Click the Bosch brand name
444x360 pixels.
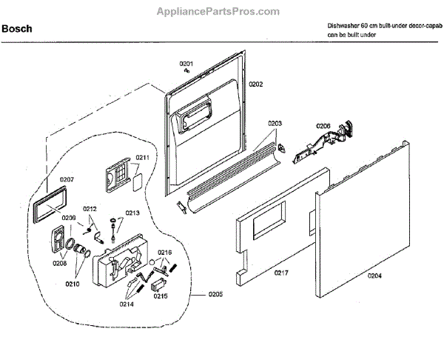[x=16, y=30]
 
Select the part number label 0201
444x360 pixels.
[x=186, y=64]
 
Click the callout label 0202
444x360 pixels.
[x=255, y=84]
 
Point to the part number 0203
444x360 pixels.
[x=275, y=123]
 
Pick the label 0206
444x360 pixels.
[x=323, y=126]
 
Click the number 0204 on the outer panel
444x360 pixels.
[x=376, y=276]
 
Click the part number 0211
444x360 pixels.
[x=142, y=158]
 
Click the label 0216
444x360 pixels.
[x=164, y=253]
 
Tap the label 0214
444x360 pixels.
[x=128, y=303]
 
